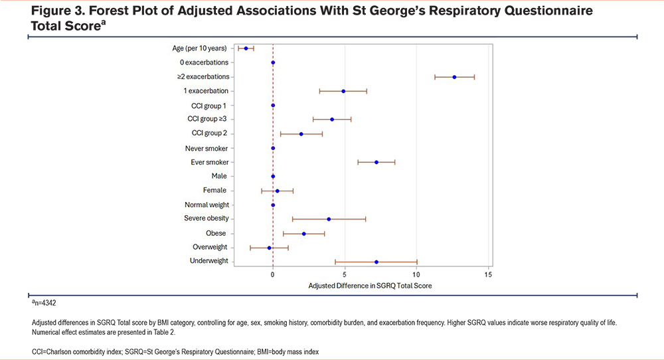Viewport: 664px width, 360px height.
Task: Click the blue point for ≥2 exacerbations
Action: point(454,77)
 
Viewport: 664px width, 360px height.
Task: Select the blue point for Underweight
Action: point(376,262)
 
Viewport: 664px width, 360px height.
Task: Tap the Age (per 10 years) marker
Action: point(246,48)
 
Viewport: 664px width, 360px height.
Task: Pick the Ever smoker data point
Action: point(376,162)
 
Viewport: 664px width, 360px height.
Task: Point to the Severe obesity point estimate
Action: point(329,219)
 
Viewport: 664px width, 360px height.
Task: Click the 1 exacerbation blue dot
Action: point(343,91)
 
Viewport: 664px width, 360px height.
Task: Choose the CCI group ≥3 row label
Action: point(207,120)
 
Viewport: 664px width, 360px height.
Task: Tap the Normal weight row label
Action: point(205,205)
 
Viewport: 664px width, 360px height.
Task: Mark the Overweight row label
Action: point(210,247)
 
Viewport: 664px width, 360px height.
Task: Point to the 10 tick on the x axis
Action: point(416,274)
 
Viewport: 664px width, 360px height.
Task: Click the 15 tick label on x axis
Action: point(488,274)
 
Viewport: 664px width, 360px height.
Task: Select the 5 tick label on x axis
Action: point(344,274)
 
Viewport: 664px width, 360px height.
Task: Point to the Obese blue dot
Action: point(304,234)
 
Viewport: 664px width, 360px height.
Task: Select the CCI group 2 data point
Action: point(301,134)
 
